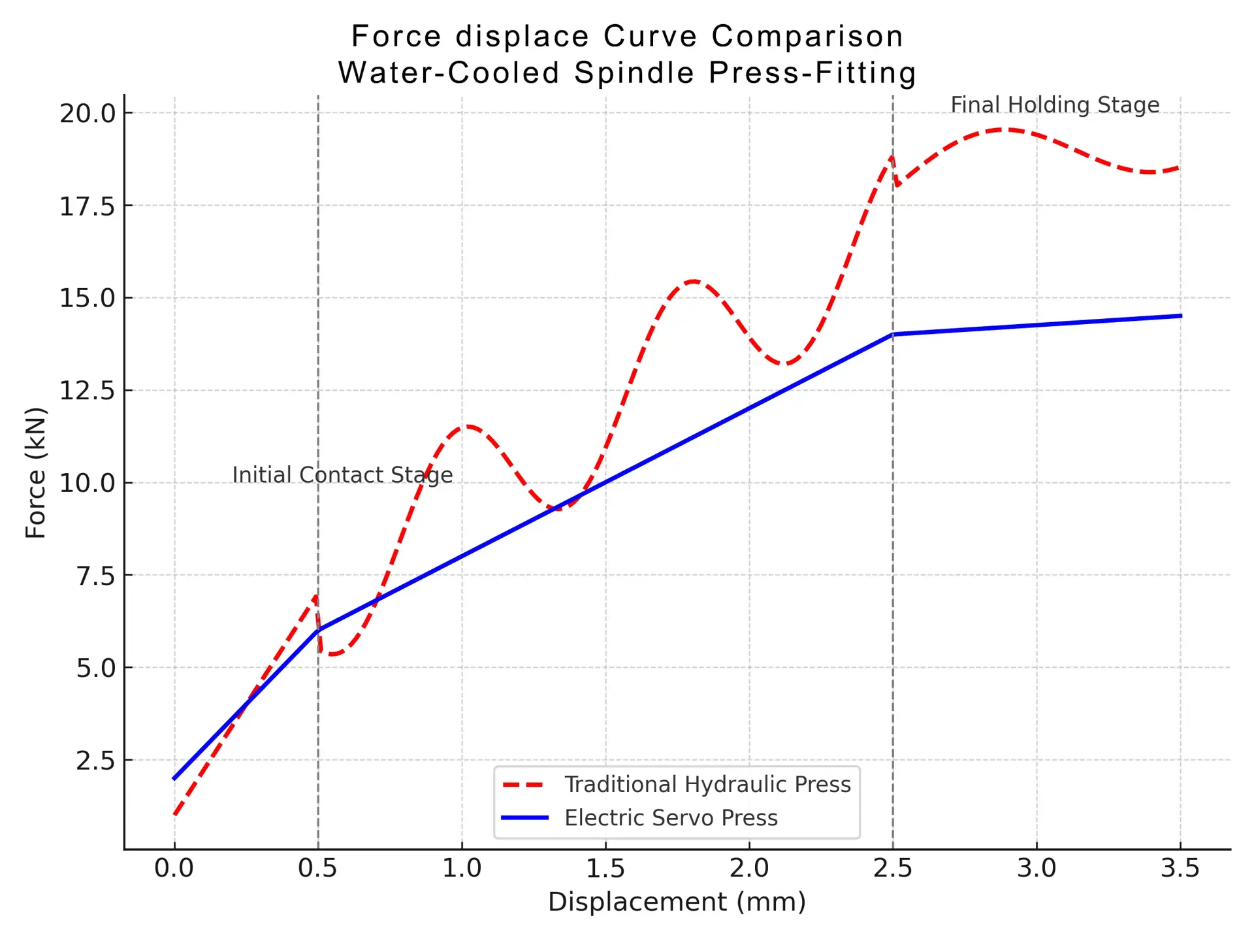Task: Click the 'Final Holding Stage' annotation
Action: tap(1054, 105)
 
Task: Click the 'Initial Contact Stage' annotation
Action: tap(342, 474)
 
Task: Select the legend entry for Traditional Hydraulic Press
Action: tap(707, 784)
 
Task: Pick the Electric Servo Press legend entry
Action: tap(671, 817)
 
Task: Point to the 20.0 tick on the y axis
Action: tap(87, 113)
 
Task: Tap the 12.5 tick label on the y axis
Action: tap(87, 391)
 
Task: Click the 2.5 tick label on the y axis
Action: tap(95, 761)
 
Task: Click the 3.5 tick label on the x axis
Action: tap(1180, 868)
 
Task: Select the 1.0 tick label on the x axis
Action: tap(461, 868)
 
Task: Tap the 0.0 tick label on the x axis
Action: tap(174, 868)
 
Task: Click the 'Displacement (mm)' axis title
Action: tap(677, 902)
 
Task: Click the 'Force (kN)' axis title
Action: tap(35, 472)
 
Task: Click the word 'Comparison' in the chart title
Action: tap(807, 36)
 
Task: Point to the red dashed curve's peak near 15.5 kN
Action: tap(694, 281)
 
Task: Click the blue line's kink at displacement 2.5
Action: tap(893, 334)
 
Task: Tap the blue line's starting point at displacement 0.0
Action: tap(174, 778)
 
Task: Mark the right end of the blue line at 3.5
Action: tap(1180, 316)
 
